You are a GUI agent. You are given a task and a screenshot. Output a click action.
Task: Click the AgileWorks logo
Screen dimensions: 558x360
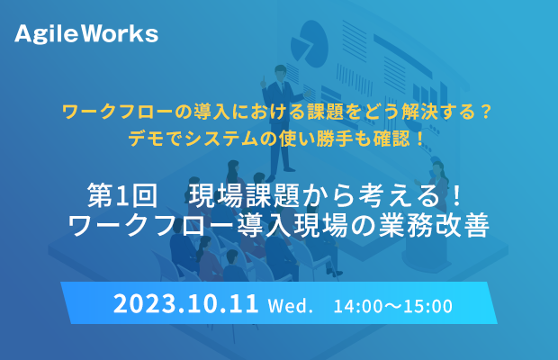[x=86, y=34]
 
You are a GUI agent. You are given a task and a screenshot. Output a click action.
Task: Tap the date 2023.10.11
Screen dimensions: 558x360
[x=185, y=304]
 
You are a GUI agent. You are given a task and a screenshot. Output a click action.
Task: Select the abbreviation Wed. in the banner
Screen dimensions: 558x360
[x=290, y=306]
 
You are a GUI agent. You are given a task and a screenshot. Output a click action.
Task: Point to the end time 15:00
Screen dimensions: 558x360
[x=428, y=306]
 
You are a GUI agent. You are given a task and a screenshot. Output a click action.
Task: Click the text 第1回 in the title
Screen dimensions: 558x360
[x=122, y=195]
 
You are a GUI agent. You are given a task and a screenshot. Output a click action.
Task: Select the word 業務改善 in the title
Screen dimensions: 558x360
[x=434, y=226]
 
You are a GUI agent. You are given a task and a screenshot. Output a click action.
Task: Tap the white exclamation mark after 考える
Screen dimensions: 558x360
[x=457, y=195]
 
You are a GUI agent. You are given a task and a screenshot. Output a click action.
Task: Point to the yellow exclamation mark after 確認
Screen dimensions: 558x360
[x=420, y=139]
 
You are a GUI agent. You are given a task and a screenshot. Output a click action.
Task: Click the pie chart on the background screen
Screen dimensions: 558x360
[x=309, y=43]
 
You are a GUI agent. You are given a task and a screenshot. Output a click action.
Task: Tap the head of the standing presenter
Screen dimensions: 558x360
[x=281, y=72]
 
